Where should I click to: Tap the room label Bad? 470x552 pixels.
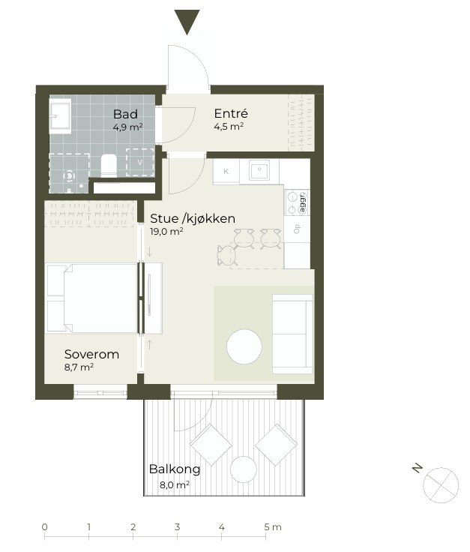[x=125, y=115]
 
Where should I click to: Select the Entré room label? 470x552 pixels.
[x=231, y=113]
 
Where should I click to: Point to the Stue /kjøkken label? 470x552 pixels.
[x=193, y=218]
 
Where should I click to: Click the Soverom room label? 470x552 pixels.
[x=91, y=354]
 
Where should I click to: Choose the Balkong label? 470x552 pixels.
[x=175, y=469]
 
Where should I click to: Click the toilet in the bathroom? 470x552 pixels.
[x=109, y=166]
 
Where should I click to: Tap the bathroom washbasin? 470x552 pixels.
[x=60, y=115]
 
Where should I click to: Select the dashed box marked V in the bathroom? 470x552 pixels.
[x=140, y=162]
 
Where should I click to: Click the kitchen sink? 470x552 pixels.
[x=259, y=170]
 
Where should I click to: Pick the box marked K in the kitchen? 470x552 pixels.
[x=226, y=172]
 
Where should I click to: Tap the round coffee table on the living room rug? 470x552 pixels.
[x=244, y=346]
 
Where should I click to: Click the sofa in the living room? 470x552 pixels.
[x=292, y=334]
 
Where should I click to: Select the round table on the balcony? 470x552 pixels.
[x=244, y=469]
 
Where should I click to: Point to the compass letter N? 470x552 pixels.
[x=418, y=468]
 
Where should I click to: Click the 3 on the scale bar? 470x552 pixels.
[x=178, y=527]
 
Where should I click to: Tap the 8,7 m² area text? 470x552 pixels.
[x=79, y=367]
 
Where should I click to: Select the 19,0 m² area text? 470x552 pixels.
[x=166, y=231]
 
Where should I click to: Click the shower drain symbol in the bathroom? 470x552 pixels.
[x=69, y=175]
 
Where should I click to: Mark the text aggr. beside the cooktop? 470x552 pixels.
[x=302, y=202]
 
